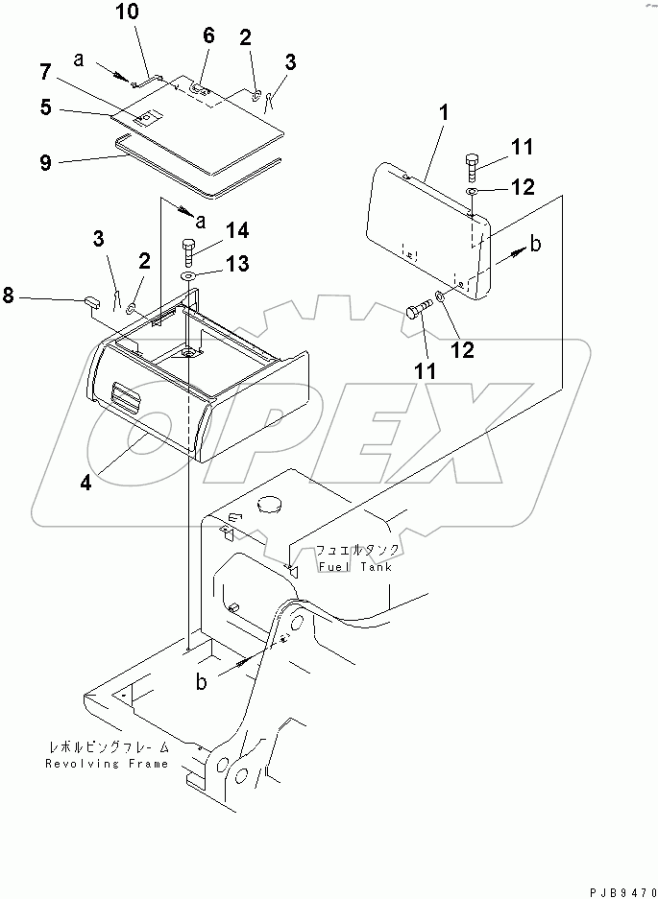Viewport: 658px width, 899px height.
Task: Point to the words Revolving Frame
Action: (x=106, y=764)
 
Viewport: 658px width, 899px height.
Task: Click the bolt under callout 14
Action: (x=187, y=254)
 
